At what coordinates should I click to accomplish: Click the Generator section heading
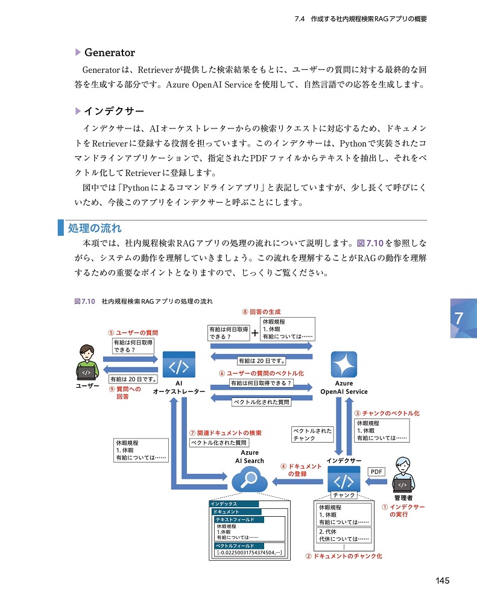109,52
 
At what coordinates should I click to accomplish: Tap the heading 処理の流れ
95,228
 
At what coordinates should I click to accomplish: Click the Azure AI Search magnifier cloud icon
250,481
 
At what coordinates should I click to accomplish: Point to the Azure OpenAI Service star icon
343,365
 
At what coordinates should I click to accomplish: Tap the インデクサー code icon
344,481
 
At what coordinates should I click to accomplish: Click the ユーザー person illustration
87,362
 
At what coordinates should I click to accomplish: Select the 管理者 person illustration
403,476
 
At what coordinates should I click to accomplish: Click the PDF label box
376,472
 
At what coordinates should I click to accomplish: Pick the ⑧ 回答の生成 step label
261,312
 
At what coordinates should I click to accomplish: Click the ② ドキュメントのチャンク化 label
343,556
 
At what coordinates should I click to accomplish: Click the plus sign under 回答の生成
255,333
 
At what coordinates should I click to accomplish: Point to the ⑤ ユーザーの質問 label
133,332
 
